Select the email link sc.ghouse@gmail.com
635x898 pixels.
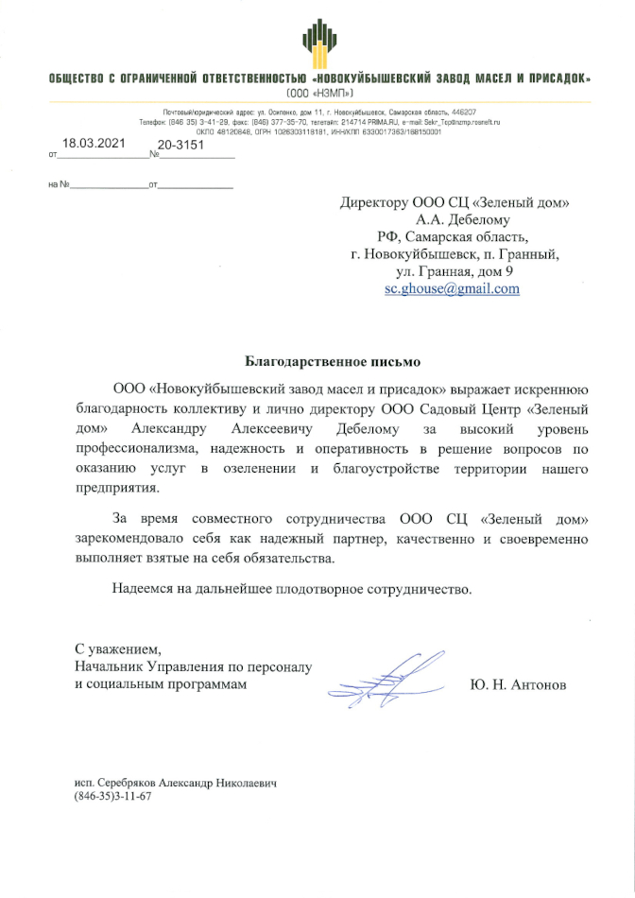452,289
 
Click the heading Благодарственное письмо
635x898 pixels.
318,361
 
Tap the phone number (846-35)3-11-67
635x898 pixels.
112,797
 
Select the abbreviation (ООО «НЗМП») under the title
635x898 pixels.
317,94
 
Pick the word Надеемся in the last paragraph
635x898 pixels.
142,589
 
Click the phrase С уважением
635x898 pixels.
118,648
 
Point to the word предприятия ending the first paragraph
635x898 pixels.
118,488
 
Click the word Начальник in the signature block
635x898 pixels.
112,666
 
